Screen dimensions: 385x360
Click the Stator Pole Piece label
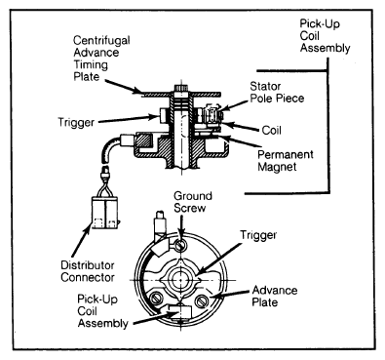[x=277, y=92]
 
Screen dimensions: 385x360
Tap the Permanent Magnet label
[x=286, y=160]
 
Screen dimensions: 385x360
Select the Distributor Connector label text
[x=88, y=271]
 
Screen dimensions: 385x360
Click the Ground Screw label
[x=193, y=202]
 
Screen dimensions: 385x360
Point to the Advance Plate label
[x=275, y=296]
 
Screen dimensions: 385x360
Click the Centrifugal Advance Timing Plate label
[x=101, y=59]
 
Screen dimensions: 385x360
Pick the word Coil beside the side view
[x=271, y=130]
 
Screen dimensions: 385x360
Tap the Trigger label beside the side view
[x=76, y=122]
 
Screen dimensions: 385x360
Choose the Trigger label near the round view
[x=258, y=235]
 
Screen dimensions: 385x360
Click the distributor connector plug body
[x=104, y=213]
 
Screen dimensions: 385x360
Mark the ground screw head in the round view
[x=180, y=245]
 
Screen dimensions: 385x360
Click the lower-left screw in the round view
[x=154, y=298]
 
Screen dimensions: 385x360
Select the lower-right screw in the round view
[x=202, y=300]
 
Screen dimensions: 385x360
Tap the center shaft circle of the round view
[x=179, y=280]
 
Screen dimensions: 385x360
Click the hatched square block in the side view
[x=144, y=140]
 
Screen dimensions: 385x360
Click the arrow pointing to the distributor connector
[x=80, y=241]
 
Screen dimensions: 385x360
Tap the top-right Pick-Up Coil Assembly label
[x=325, y=36]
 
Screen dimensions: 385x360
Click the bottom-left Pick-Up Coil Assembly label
[x=102, y=311]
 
